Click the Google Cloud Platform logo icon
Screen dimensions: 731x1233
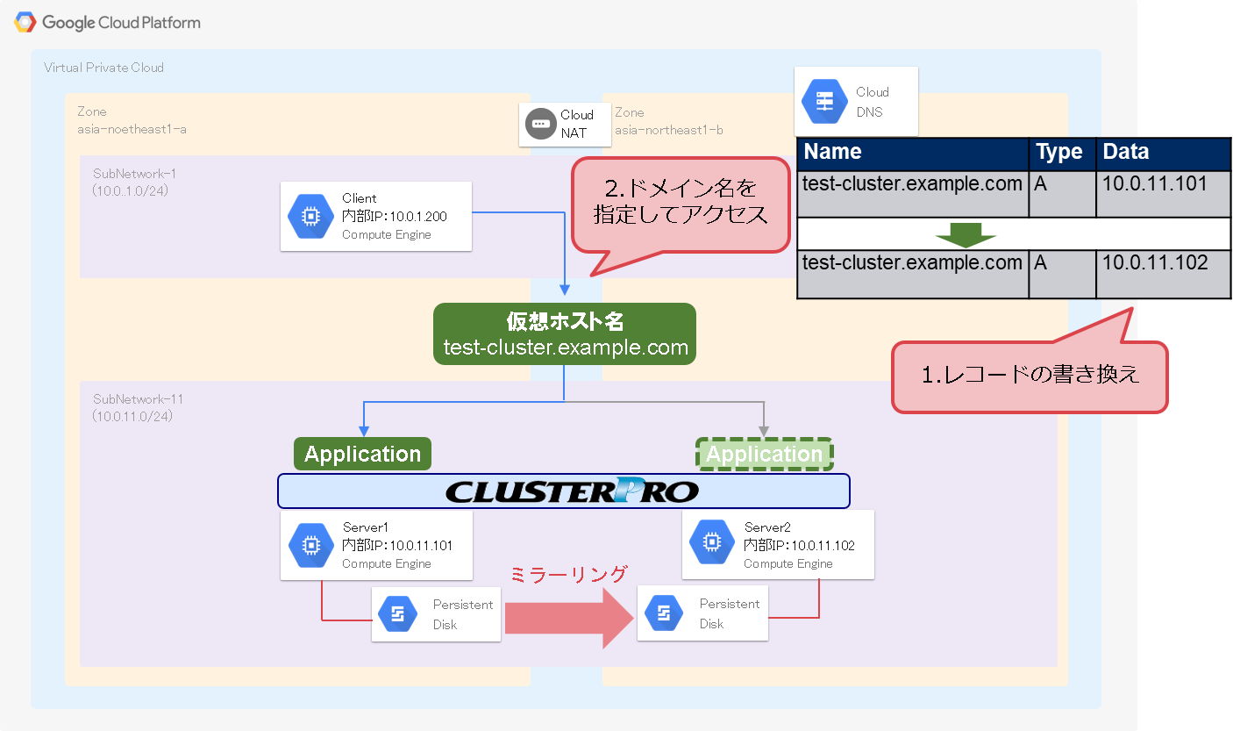tap(25, 22)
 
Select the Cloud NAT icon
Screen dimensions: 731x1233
tap(541, 124)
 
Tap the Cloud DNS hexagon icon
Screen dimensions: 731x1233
tap(825, 102)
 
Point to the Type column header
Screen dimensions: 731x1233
tap(1062, 153)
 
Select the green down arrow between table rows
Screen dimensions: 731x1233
tap(966, 234)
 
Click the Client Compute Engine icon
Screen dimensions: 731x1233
tap(310, 218)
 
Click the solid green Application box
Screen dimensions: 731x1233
tap(362, 454)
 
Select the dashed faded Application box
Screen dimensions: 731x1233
tap(764, 454)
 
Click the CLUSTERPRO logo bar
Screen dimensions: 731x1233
tap(564, 491)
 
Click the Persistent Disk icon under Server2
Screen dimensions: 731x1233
tap(663, 613)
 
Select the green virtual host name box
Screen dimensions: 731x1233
tap(565, 334)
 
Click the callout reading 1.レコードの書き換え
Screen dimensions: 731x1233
tap(1030, 376)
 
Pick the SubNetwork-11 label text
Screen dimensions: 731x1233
tap(139, 399)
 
